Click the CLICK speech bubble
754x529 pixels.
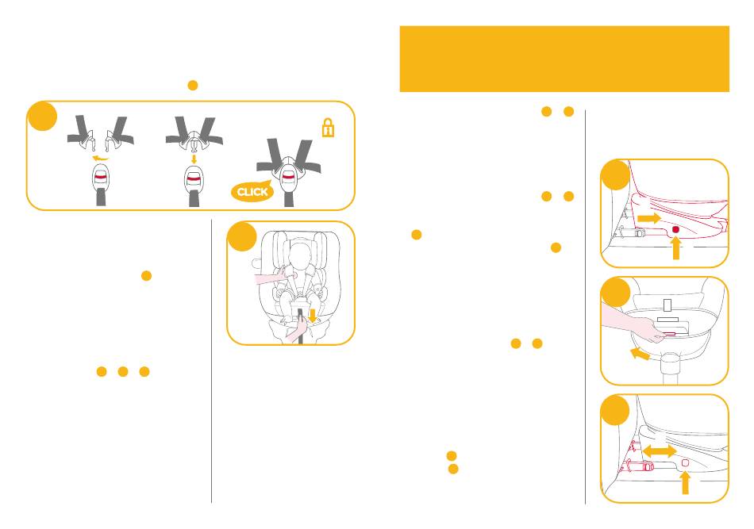pos(252,192)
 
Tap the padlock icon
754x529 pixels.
pos(328,128)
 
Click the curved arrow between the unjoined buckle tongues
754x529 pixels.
pos(100,158)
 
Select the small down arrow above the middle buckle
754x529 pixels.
pos(194,159)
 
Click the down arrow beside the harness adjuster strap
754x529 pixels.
pos(313,316)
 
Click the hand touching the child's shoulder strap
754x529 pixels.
pos(271,278)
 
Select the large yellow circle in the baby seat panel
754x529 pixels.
pos(242,236)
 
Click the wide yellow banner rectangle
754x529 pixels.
pos(564,59)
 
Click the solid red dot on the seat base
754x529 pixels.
pos(675,230)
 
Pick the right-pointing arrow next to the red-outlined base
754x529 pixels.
pos(649,218)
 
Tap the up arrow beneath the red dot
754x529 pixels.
pos(676,248)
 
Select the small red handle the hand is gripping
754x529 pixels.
pos(668,333)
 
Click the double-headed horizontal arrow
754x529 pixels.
pos(660,451)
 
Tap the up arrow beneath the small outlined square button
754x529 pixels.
pos(685,483)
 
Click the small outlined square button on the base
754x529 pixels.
pos(685,462)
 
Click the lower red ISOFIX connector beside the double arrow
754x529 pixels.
pos(639,466)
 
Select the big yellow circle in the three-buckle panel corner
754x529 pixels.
pos(42,117)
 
